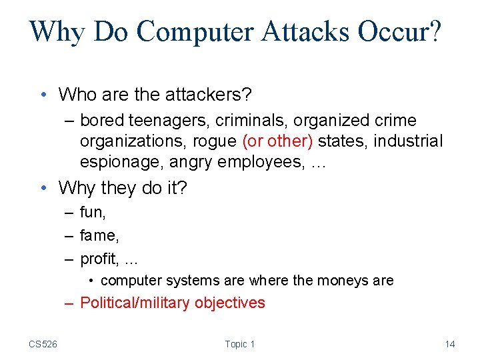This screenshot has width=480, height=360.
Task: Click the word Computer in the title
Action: click(x=175, y=31)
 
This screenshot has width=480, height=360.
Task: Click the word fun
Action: click(x=91, y=213)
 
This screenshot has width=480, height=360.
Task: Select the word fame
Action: click(x=96, y=235)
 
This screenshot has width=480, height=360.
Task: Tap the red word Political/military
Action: click(x=135, y=303)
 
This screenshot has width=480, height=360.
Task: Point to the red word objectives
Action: click(x=229, y=303)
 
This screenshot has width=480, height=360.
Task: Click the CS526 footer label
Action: click(x=43, y=344)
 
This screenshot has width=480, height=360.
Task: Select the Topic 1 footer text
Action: click(x=240, y=344)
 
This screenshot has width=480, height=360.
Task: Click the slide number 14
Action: click(x=450, y=344)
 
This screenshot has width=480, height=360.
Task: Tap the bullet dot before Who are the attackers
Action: click(x=43, y=95)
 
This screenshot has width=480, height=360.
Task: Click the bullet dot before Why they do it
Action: click(x=43, y=189)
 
